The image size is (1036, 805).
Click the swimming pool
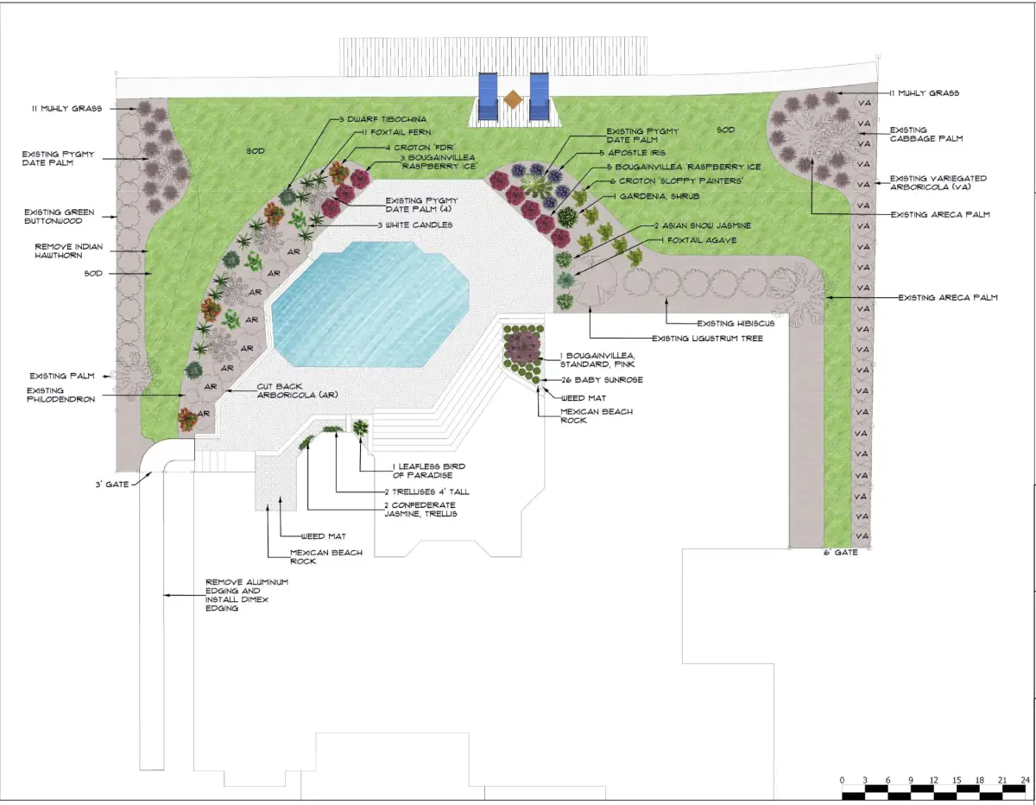click(x=370, y=305)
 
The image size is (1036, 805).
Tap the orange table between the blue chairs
click(x=513, y=99)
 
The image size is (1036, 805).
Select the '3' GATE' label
click(x=112, y=484)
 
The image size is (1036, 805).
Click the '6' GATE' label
click(x=841, y=552)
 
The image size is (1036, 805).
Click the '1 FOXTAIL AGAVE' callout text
click(x=698, y=240)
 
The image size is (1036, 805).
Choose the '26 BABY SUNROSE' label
click(x=602, y=380)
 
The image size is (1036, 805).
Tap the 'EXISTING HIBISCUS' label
click(x=736, y=323)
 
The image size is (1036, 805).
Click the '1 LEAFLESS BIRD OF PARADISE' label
click(x=428, y=471)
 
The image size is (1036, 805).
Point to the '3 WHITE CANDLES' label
click(x=415, y=225)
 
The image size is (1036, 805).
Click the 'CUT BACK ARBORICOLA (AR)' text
click(x=297, y=390)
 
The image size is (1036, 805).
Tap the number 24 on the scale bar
click(x=1025, y=780)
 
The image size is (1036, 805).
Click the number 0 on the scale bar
click(x=842, y=780)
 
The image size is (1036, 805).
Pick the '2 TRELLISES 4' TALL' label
click(x=426, y=491)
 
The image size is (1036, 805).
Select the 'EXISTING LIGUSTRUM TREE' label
click(x=708, y=339)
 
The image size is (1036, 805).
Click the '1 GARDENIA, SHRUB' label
click(x=656, y=196)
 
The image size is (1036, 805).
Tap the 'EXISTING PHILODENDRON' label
click(x=60, y=395)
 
